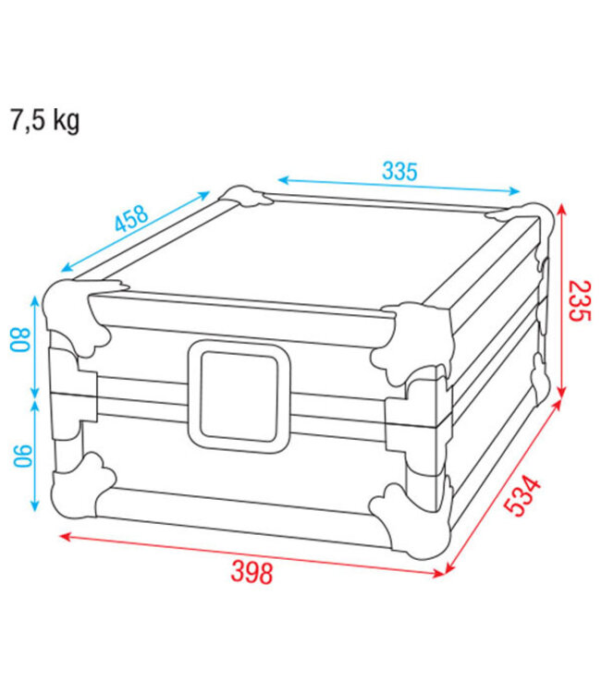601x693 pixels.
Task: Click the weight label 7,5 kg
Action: (44, 121)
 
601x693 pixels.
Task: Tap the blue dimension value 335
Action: (399, 170)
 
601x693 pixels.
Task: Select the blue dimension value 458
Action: (131, 220)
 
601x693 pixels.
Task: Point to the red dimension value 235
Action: (578, 300)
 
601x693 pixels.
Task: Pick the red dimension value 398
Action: (251, 573)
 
